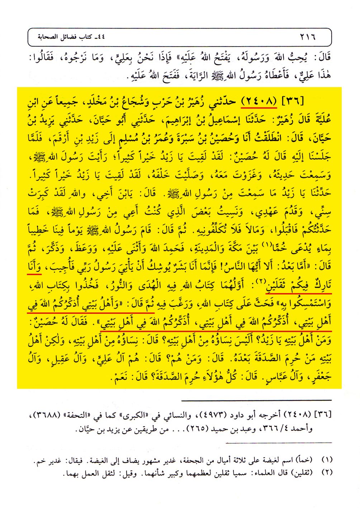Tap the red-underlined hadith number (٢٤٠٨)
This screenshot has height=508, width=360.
click(259, 101)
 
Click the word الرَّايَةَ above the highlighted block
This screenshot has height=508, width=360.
click(203, 77)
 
